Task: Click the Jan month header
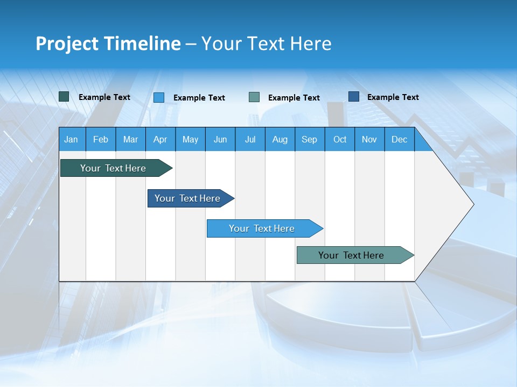click(71, 139)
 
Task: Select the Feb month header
click(101, 139)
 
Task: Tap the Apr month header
click(160, 139)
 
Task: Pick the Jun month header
click(220, 139)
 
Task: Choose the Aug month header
click(280, 139)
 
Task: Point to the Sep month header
click(309, 139)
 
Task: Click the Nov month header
click(369, 139)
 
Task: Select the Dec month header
click(399, 139)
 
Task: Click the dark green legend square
click(64, 97)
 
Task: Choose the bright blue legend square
click(158, 97)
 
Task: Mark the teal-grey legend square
click(254, 97)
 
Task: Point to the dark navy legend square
click(354, 97)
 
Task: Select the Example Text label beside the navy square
click(393, 97)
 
